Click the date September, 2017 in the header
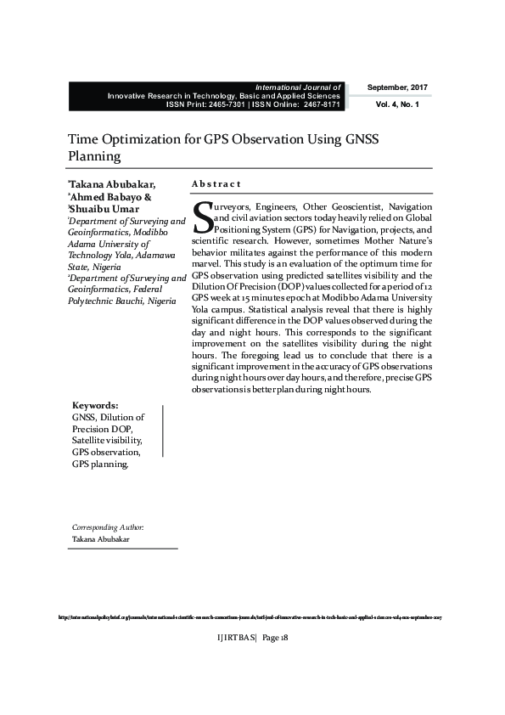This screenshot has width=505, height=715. click(x=397, y=88)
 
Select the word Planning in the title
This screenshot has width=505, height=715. click(x=94, y=156)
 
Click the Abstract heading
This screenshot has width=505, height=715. click(x=216, y=183)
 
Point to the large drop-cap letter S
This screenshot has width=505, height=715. click(x=202, y=216)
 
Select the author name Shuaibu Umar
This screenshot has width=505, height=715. click(x=105, y=209)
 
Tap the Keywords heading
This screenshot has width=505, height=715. click(x=95, y=406)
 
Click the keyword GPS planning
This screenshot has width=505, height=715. click(x=100, y=464)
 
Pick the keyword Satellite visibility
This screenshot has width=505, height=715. click(x=107, y=441)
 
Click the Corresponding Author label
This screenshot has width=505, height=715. click(x=108, y=526)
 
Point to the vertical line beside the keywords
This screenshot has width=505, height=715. click(x=162, y=432)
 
